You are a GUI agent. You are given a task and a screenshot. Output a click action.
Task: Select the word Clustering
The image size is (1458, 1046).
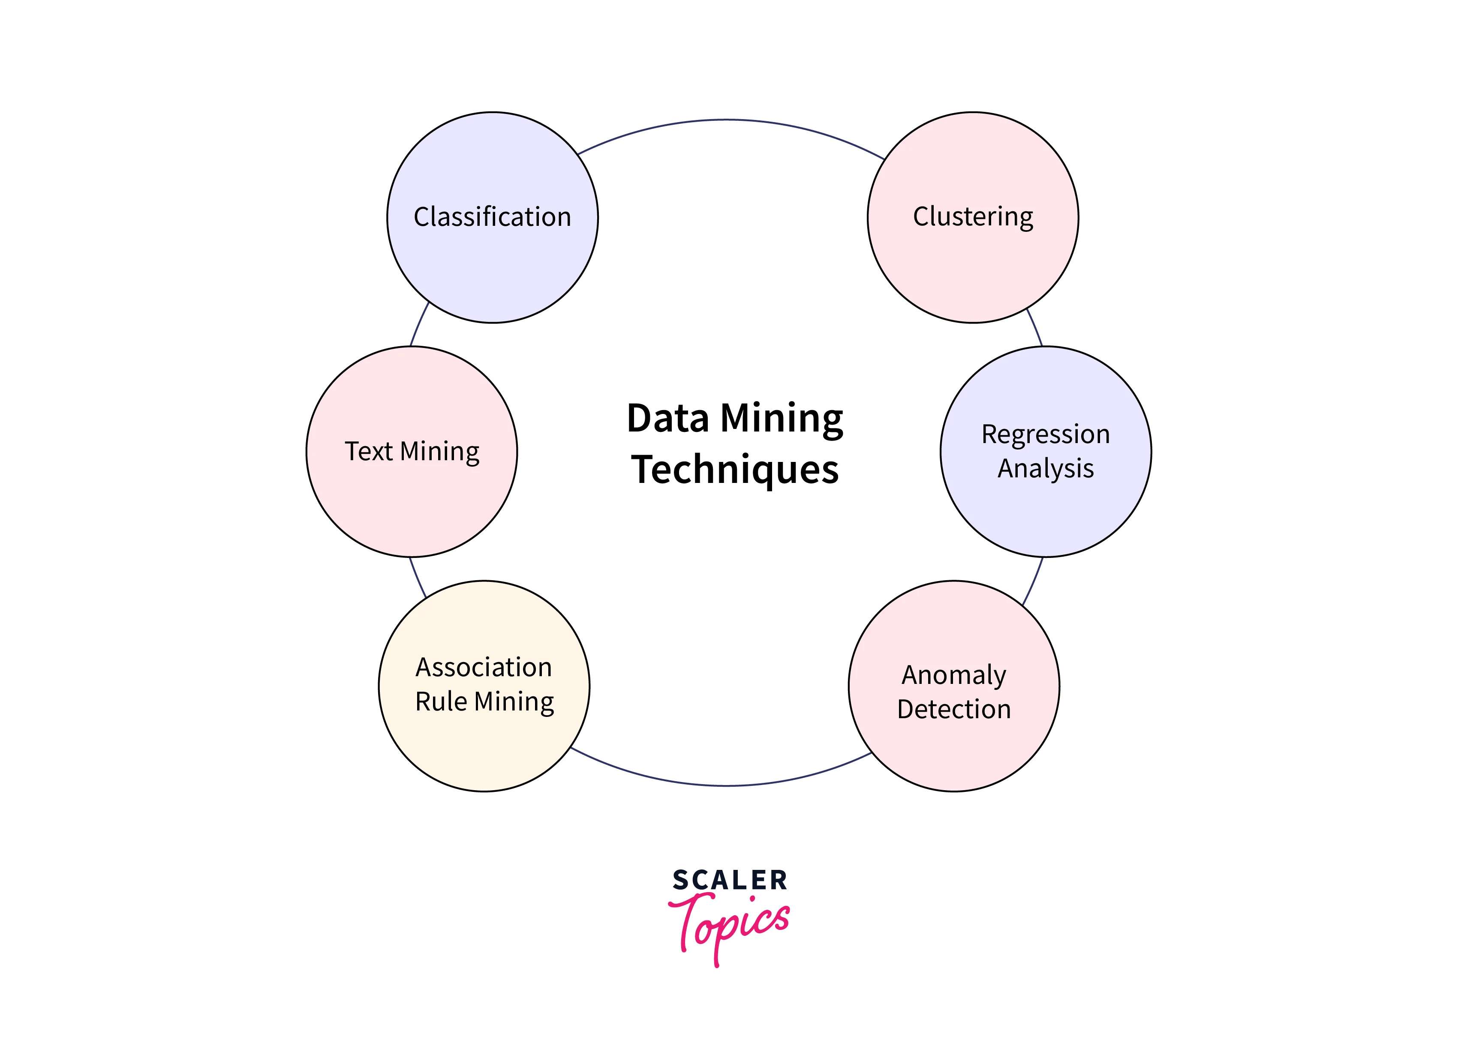[x=973, y=217]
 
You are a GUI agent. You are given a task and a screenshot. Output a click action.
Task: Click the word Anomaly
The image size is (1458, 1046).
[x=953, y=675]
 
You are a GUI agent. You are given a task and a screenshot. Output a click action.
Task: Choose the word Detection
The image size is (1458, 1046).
[x=953, y=709]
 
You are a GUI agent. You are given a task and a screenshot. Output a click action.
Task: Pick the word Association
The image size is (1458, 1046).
[x=484, y=668]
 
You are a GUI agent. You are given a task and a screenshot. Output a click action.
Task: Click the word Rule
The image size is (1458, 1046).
[x=441, y=701]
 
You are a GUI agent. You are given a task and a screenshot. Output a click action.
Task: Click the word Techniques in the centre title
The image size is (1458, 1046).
[x=735, y=470]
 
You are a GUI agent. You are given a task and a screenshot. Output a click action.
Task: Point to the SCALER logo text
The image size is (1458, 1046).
[x=730, y=880]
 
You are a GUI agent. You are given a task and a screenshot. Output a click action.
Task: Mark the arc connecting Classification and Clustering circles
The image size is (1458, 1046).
[x=728, y=120]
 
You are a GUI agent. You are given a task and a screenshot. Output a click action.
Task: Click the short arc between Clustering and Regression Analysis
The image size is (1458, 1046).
[x=1035, y=328]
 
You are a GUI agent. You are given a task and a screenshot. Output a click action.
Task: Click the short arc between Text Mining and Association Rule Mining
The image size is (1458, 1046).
[x=417, y=578]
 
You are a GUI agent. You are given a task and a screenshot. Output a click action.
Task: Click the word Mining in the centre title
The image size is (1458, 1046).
[x=781, y=419]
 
